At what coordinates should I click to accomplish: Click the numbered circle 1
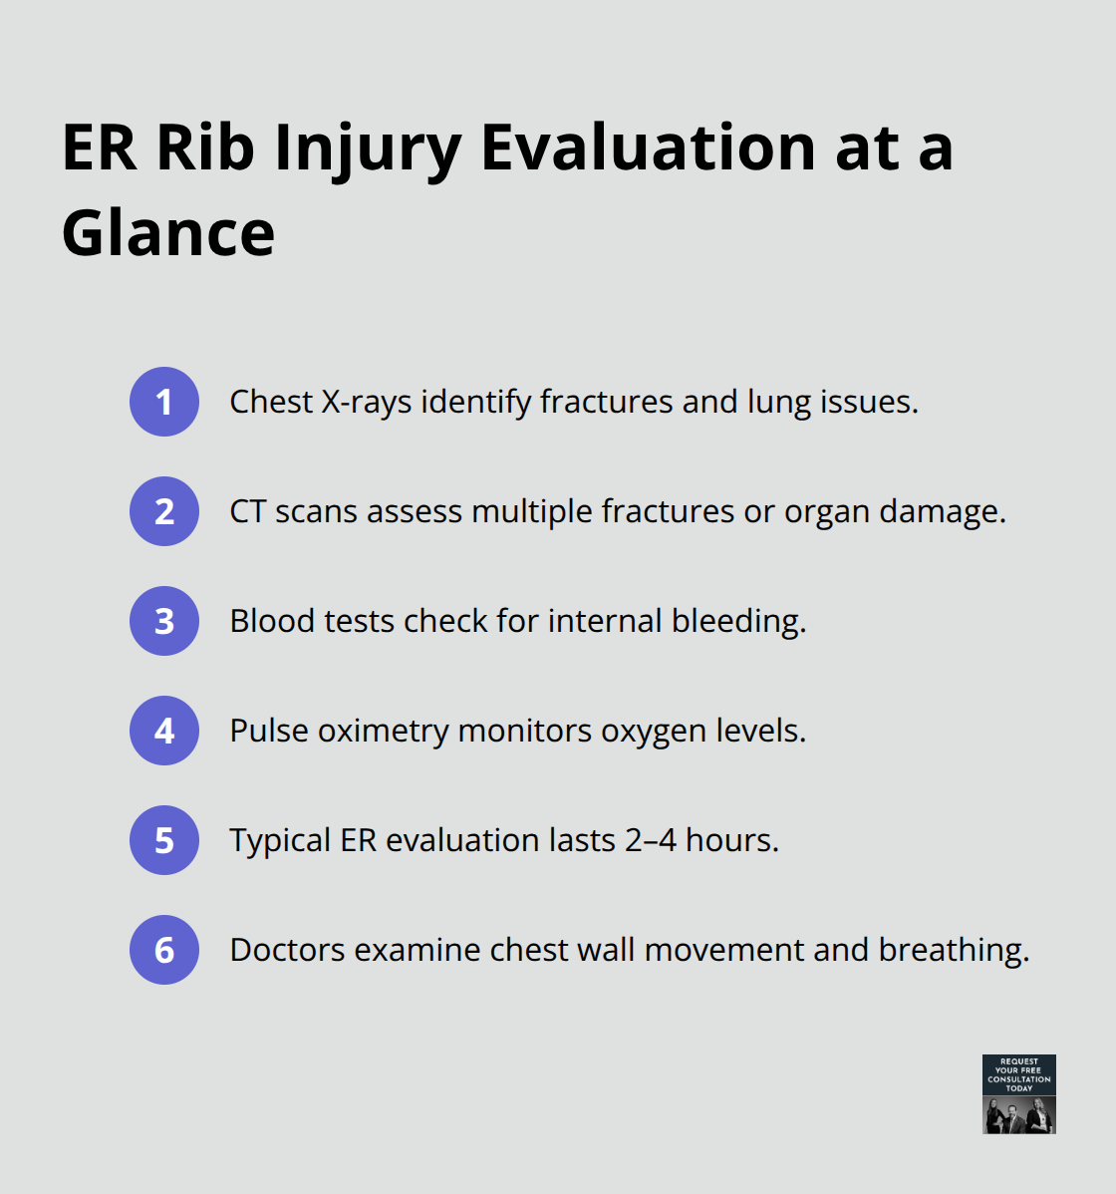coord(164,402)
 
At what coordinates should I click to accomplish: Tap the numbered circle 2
coord(164,511)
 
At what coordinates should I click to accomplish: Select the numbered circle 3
coord(164,621)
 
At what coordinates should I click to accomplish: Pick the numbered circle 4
coord(164,731)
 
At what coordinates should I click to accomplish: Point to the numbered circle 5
coord(164,840)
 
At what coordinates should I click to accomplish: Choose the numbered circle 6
coord(164,950)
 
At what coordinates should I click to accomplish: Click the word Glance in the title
coord(168,233)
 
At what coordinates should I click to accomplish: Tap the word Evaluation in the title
coord(649,148)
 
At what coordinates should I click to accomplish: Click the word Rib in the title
coord(206,148)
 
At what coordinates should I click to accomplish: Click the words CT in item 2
coord(248,511)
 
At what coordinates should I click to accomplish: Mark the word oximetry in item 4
coord(384,731)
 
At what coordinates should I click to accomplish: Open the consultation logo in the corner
coord(1018,1093)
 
